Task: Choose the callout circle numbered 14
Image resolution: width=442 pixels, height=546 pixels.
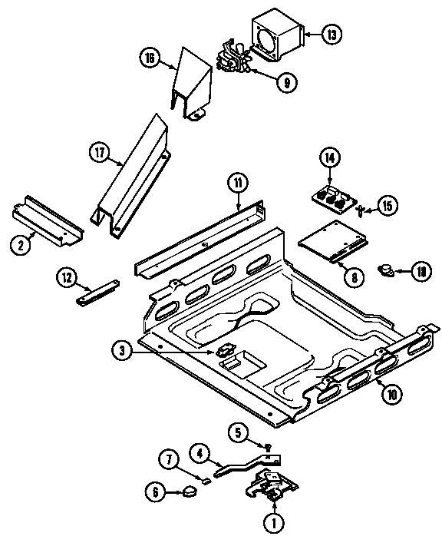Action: click(329, 158)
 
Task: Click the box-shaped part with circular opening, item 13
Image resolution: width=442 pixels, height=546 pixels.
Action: click(277, 38)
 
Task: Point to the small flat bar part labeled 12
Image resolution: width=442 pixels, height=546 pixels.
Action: click(97, 293)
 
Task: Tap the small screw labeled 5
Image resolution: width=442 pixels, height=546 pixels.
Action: click(268, 448)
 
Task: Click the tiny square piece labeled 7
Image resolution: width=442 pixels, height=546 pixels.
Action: click(205, 481)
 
